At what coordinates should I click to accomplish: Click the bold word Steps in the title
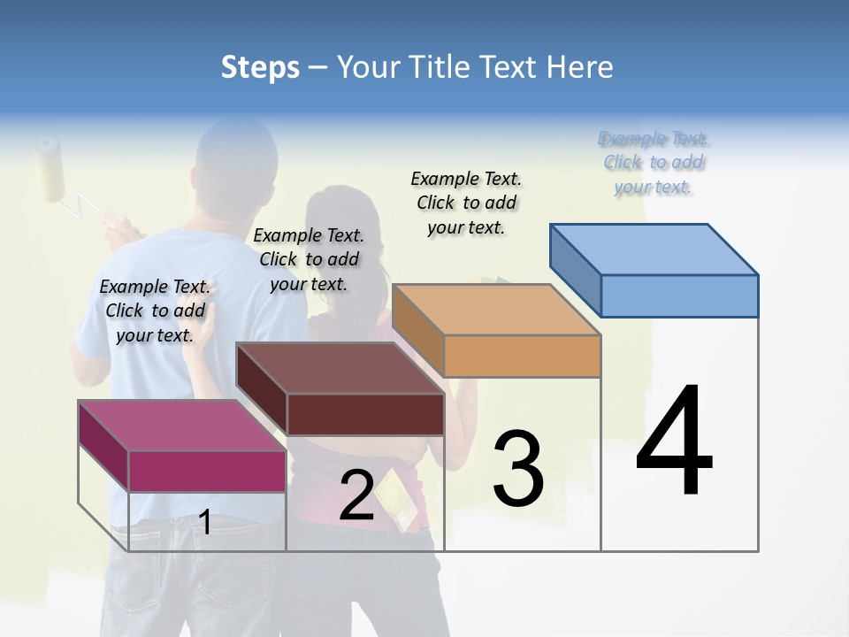tap(260, 67)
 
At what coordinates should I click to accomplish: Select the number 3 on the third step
tap(517, 469)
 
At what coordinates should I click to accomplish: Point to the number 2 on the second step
tap(356, 495)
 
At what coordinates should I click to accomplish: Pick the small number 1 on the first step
tap(204, 522)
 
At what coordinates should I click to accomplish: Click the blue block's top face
tap(654, 249)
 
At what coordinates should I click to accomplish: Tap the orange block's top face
tap(495, 310)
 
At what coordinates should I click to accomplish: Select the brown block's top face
tap(340, 368)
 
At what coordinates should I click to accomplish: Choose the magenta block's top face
tap(182, 426)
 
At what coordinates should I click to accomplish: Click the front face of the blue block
tap(679, 295)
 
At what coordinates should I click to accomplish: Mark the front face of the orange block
tap(522, 356)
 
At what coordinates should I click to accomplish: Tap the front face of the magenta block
tap(207, 471)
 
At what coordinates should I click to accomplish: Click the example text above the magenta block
tap(155, 311)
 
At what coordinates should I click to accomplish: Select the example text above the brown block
tap(309, 259)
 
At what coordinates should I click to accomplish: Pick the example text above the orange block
tap(466, 203)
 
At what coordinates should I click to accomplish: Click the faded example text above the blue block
tap(654, 162)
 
